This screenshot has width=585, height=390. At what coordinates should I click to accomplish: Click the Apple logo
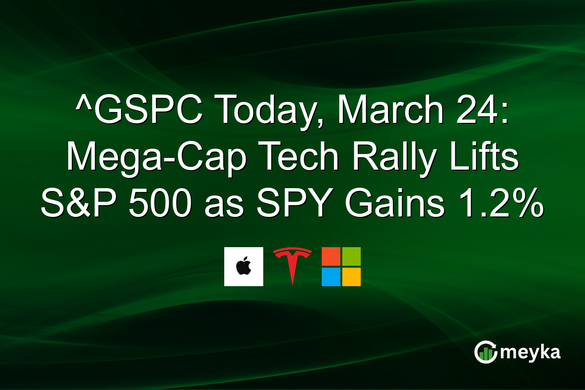pyautogui.click(x=243, y=267)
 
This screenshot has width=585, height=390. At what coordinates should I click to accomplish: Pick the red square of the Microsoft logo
pyautogui.click(x=331, y=256)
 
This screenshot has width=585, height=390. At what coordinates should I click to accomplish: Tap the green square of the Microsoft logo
pyautogui.click(x=351, y=256)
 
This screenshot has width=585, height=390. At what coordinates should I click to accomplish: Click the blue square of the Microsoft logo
pyautogui.click(x=331, y=277)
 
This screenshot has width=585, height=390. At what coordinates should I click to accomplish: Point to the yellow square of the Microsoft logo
pyautogui.click(x=351, y=277)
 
